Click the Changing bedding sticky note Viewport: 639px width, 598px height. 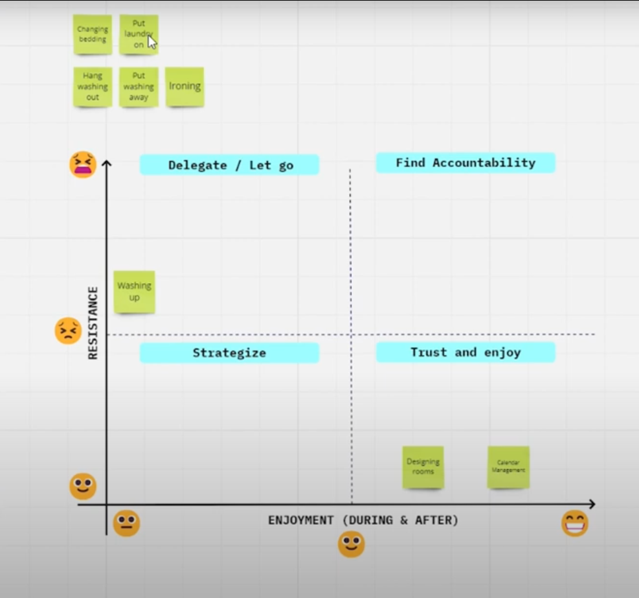(92, 34)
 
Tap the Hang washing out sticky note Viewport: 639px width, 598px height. (92, 87)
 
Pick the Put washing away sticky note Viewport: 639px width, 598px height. (139, 87)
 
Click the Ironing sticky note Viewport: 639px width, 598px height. (185, 86)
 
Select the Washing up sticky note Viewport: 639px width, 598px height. (134, 292)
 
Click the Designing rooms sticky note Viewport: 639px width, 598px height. (423, 466)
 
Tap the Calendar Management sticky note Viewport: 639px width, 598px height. (508, 466)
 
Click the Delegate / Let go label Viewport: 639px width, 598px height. (229, 165)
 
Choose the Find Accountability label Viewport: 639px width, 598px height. (465, 163)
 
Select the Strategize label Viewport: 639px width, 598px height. (229, 352)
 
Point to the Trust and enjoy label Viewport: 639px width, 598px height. (465, 352)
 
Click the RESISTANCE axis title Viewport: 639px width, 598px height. (93, 323)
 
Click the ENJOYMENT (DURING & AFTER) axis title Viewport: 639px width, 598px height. (363, 520)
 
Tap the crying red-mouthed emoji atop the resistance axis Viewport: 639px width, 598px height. (83, 165)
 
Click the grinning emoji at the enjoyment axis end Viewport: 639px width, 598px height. (574, 523)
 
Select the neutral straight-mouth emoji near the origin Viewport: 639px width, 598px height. (126, 523)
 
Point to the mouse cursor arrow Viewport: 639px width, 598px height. (151, 42)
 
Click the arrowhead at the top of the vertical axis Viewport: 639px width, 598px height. (107, 163)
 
